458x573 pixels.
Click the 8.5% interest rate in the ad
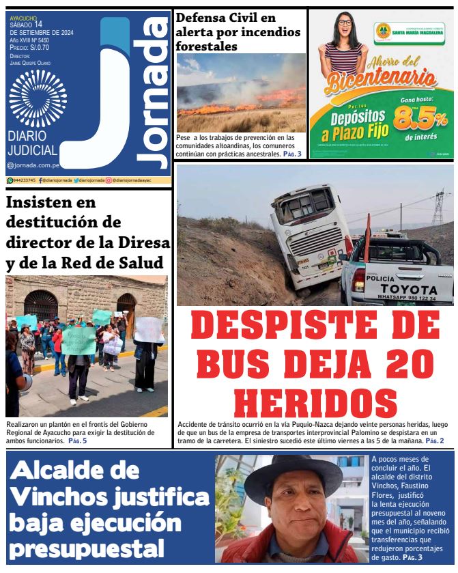coord(418,119)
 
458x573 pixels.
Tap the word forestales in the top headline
coord(206,46)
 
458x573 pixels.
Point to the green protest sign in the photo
coord(78,339)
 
